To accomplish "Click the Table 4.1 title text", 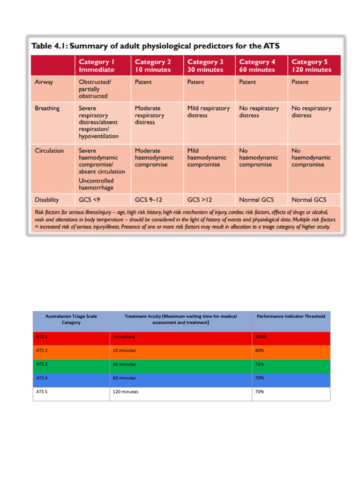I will [155, 46].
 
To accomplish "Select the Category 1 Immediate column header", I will [97, 66].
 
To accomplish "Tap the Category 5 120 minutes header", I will [311, 66].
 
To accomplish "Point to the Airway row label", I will [44, 82].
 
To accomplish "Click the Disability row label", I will [47, 200].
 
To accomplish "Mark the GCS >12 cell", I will [200, 200].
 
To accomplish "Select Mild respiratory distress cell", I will [209, 112].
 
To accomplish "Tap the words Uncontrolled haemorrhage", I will [96, 184].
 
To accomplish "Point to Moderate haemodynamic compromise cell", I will [154, 157].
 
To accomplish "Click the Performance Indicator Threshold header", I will [291, 316].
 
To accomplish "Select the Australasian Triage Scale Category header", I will [71, 319].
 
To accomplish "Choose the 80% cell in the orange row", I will [260, 351].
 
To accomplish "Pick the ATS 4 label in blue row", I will [42, 378].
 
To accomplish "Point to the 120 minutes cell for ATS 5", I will [126, 392].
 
